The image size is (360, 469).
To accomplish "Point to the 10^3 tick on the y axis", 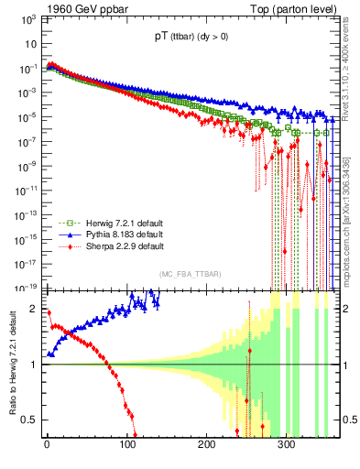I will click(x=28, y=23).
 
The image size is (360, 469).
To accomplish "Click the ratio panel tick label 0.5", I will click(x=30, y=420).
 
